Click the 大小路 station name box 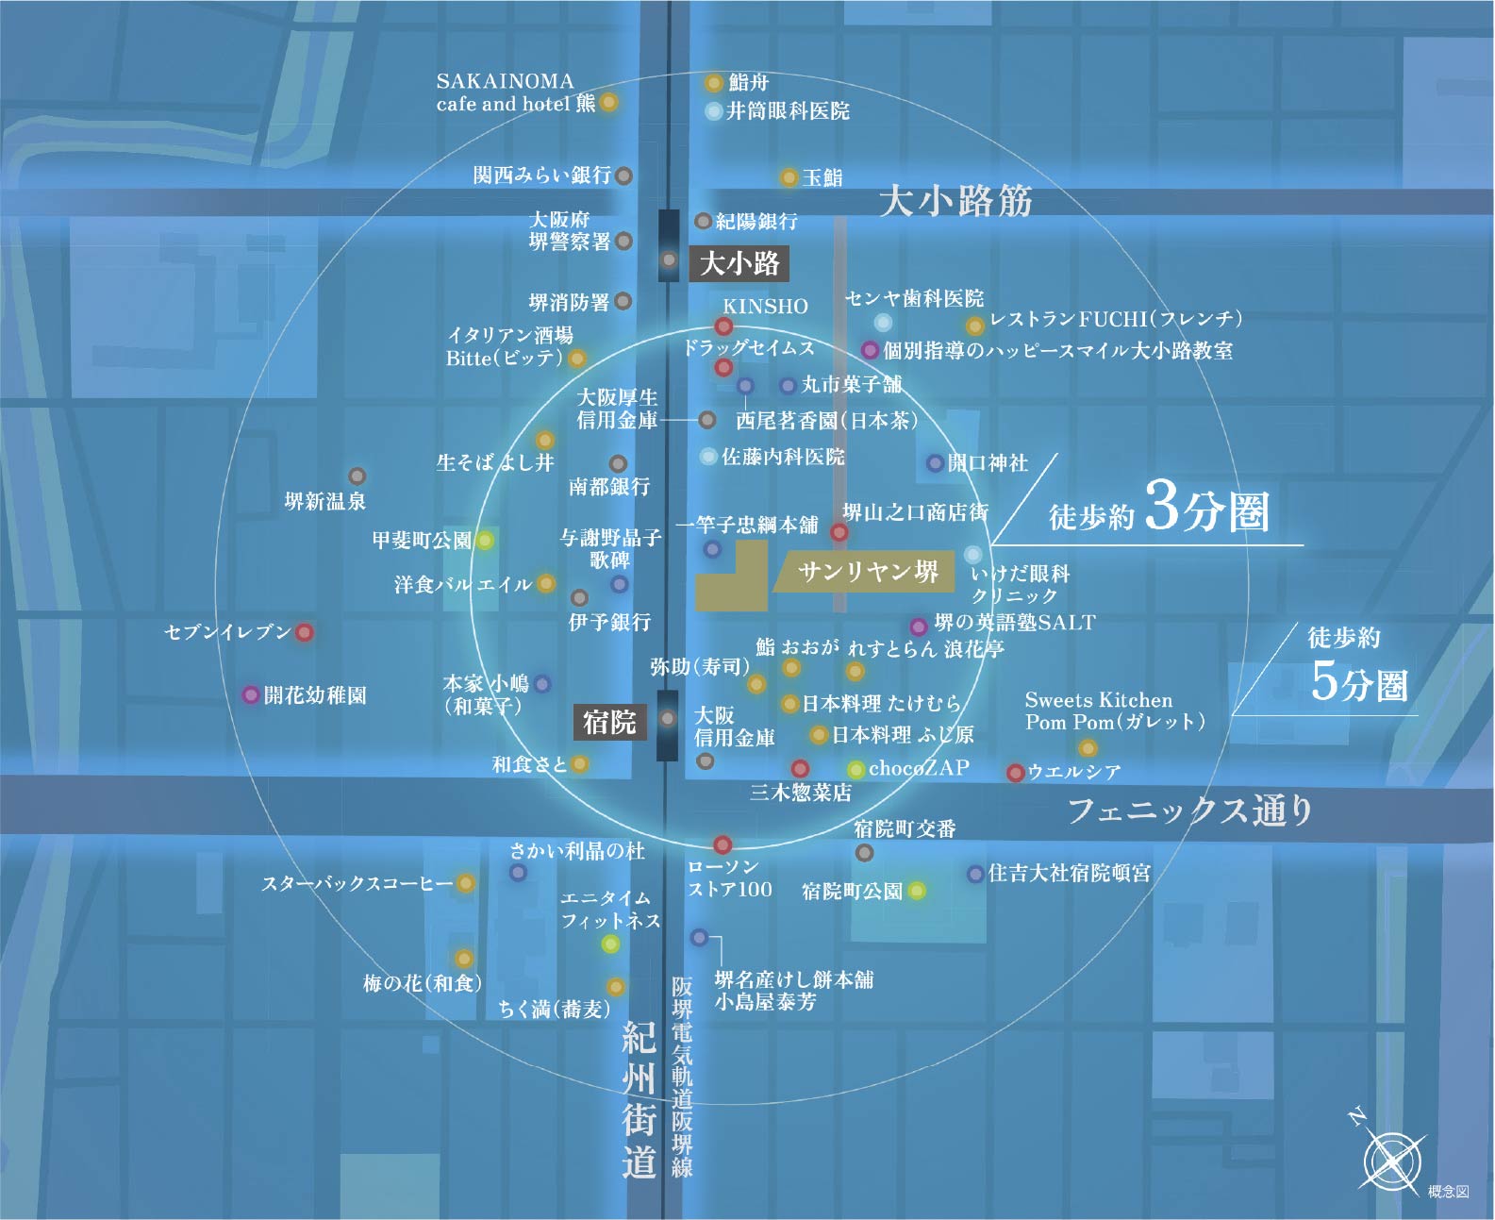(739, 263)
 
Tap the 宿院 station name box (609, 723)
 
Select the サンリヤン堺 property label (867, 572)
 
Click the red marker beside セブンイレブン (304, 632)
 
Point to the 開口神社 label (987, 463)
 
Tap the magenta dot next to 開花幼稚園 (251, 695)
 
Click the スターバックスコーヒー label (357, 884)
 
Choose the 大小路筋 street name (955, 201)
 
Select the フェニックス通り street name (1189, 811)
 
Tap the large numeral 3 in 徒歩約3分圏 (1162, 507)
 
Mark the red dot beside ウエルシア (1015, 773)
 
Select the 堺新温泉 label (325, 502)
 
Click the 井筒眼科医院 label (788, 111)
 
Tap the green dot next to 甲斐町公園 (485, 541)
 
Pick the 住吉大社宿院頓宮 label (1069, 874)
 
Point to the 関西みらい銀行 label (541, 175)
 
